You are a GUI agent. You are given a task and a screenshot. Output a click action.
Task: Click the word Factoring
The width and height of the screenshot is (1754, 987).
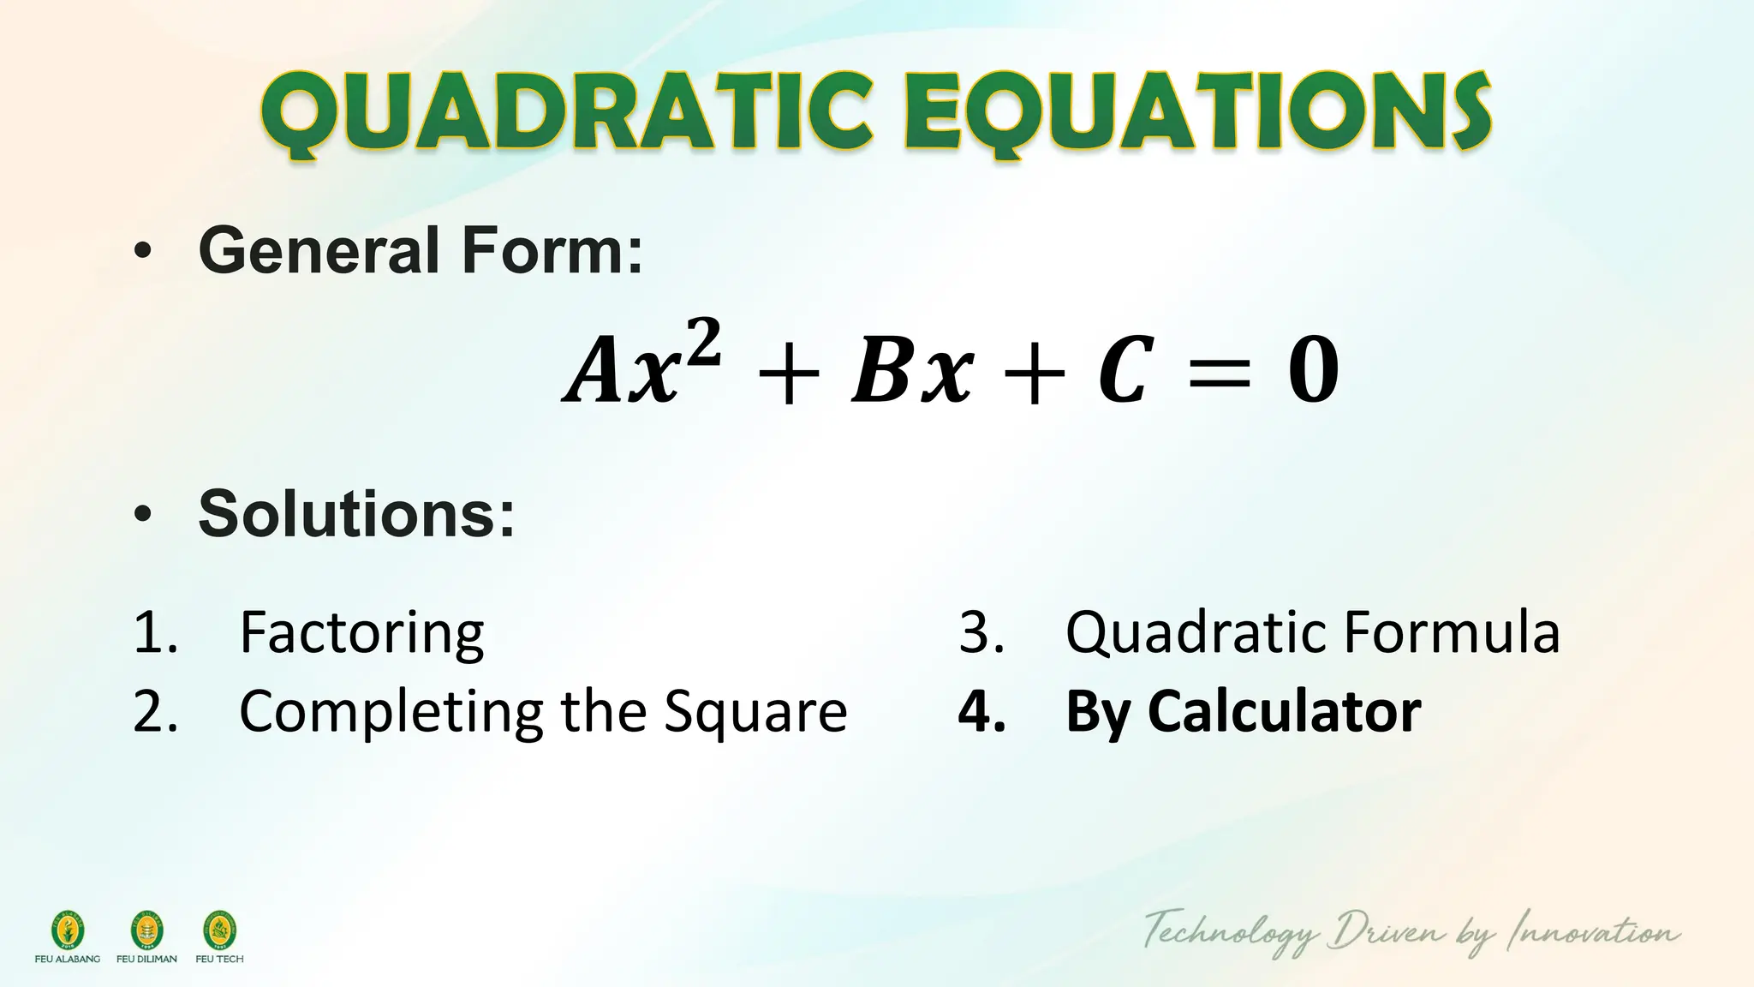pos(361,634)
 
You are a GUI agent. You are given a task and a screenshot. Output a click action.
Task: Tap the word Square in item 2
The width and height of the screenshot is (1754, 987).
pos(755,713)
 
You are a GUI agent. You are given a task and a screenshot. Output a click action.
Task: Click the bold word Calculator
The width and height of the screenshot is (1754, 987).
pos(1284,713)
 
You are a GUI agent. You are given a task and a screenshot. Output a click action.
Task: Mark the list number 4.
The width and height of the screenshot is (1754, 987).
pos(981,713)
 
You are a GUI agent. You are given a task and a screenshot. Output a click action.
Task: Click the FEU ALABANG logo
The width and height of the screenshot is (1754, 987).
pos(68,930)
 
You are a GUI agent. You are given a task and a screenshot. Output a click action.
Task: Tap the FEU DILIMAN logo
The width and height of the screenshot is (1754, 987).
pos(146,930)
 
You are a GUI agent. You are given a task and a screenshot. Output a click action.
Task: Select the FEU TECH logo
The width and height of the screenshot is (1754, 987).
pos(219,930)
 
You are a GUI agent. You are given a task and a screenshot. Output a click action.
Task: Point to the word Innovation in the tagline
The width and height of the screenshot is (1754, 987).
pos(1592,932)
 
